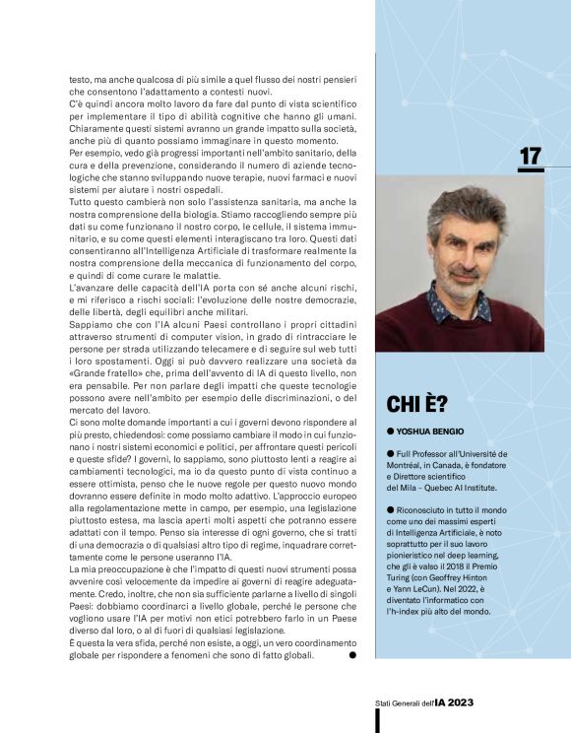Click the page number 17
(x=531, y=157)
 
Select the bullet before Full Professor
(x=390, y=452)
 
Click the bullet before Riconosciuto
(x=390, y=510)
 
